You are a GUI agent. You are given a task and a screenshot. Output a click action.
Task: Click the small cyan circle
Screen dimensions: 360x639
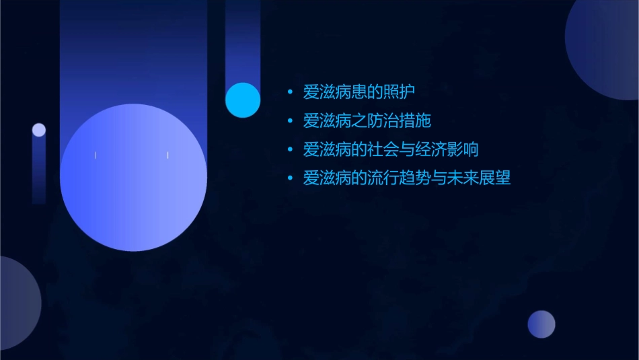point(243,100)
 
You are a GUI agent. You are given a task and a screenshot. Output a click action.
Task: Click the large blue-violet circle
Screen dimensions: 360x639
point(133,178)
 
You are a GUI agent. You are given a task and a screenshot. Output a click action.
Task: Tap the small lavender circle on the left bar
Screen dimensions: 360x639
point(39,130)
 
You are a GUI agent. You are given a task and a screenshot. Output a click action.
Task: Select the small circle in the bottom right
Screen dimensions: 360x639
point(541,324)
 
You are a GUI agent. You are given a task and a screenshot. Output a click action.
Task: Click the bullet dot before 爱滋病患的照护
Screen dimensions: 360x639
point(290,92)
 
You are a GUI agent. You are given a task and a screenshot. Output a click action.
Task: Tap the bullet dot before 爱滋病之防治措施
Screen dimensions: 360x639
point(290,122)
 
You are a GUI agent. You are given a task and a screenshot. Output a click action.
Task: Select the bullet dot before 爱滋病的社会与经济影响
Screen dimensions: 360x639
point(290,150)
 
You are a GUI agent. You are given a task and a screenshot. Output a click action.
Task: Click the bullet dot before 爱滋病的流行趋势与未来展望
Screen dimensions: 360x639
point(290,179)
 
